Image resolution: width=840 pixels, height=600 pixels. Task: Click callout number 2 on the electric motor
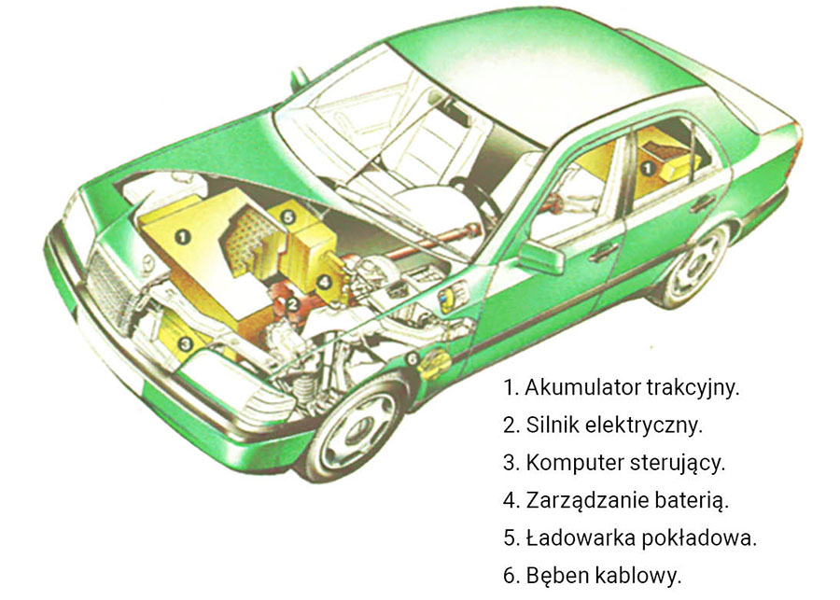tap(292, 305)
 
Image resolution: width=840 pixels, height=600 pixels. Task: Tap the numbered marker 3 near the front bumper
tap(186, 343)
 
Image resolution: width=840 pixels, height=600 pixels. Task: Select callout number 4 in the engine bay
tap(324, 281)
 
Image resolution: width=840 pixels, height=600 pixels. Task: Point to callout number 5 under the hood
tap(288, 217)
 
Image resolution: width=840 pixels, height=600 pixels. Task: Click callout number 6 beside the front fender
tap(412, 358)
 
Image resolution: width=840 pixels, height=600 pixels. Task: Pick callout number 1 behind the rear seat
tap(648, 169)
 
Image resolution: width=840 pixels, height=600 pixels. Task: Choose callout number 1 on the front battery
tap(183, 236)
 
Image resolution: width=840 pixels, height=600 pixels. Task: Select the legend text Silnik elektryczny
tap(614, 425)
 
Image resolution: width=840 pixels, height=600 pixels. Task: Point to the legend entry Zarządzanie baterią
tap(627, 501)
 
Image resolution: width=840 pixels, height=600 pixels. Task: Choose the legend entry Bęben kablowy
tap(604, 576)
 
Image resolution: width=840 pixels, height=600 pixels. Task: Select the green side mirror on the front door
tap(541, 258)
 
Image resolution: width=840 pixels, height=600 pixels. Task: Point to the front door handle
tap(604, 251)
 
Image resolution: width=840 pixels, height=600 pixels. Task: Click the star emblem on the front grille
tap(147, 262)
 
